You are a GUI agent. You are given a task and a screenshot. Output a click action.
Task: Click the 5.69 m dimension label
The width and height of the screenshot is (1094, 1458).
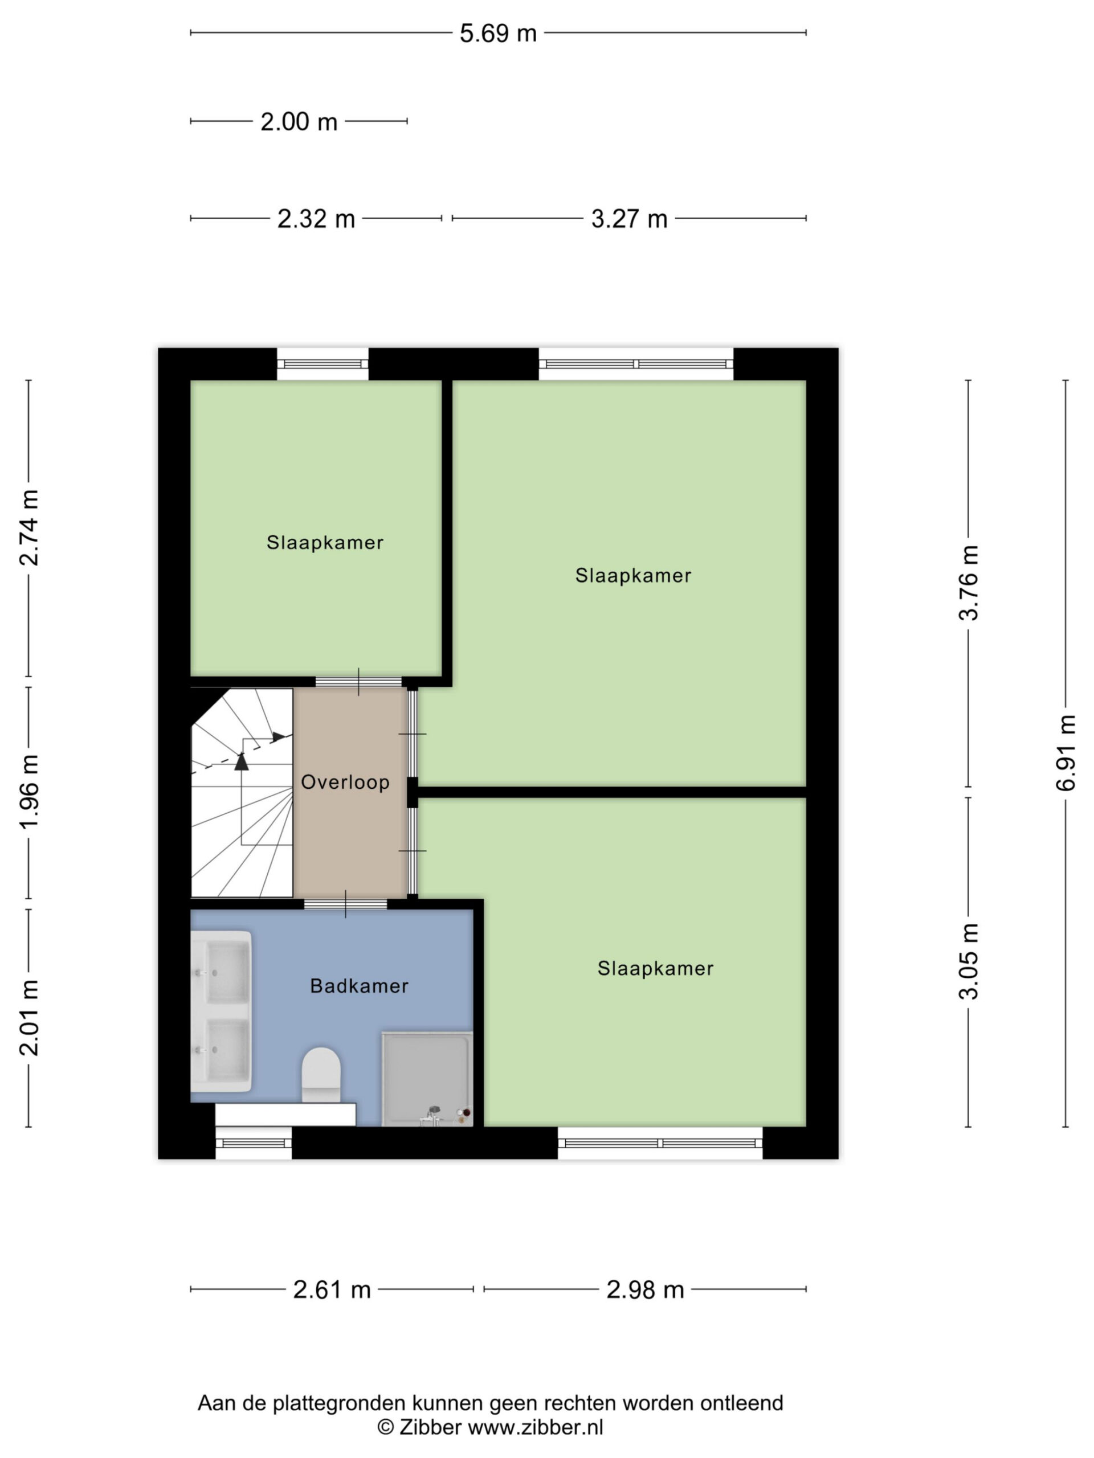coord(498,33)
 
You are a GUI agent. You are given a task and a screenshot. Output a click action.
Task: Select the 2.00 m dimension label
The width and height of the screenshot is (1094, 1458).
coord(299,122)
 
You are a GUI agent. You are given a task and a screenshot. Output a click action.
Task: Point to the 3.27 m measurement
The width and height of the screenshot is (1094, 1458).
coord(629,219)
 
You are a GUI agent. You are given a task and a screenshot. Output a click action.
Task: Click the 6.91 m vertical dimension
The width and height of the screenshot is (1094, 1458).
coord(1066,753)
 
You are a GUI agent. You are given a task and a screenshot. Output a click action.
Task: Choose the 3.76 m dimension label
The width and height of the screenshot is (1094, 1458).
coord(969,583)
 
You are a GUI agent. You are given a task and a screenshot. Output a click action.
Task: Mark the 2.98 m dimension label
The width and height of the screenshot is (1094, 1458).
coord(645,1289)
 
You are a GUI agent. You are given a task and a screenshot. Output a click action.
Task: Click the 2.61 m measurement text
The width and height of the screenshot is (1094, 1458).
coord(332,1289)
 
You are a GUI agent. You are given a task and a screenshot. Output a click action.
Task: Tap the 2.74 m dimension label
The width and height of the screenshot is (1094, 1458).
coord(29,528)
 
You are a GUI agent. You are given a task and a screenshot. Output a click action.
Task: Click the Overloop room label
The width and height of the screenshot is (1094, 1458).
coord(345,783)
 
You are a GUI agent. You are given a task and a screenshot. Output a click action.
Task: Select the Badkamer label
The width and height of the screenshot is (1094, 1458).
coord(360,986)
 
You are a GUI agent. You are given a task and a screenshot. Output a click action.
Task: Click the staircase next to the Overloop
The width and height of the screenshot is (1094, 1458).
coord(242,793)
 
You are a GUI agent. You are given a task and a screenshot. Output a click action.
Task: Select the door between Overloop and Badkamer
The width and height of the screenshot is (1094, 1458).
coord(345,904)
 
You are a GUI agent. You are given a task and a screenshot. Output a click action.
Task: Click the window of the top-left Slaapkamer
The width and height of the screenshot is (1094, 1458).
coord(323,364)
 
